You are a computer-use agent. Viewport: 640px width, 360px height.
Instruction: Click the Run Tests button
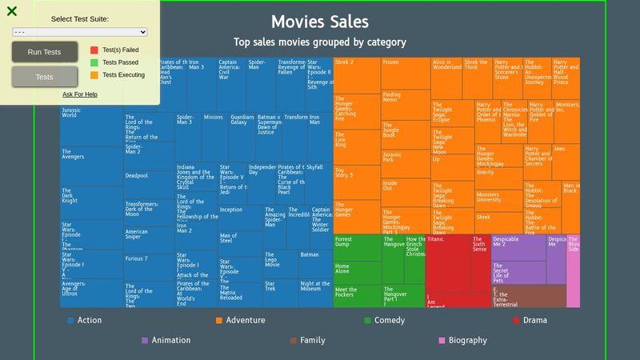44,52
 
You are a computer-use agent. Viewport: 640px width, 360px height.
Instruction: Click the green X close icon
11,10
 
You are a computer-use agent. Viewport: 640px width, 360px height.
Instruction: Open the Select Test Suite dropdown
80,32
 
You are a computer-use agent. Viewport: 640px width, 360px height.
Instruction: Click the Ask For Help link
80,94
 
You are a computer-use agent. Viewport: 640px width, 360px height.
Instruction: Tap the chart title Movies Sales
320,22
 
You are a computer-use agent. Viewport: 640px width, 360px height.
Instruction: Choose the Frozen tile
405,73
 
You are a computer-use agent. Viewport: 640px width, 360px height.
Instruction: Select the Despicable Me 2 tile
517,248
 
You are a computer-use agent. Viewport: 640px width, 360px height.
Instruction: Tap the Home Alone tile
356,271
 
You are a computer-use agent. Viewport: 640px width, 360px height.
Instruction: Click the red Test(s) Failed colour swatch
94,50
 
